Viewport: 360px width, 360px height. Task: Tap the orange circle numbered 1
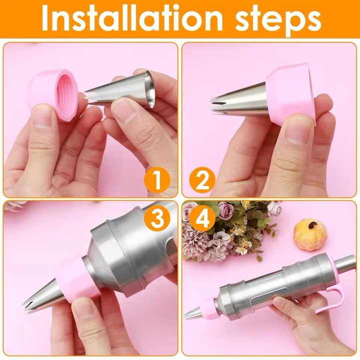click(x=156, y=181)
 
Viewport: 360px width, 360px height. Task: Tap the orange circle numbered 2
click(x=202, y=181)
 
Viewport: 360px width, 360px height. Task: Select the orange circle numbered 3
click(x=156, y=218)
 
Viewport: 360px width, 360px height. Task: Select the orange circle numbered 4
click(x=202, y=218)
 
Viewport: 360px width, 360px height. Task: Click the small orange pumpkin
click(x=309, y=234)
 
